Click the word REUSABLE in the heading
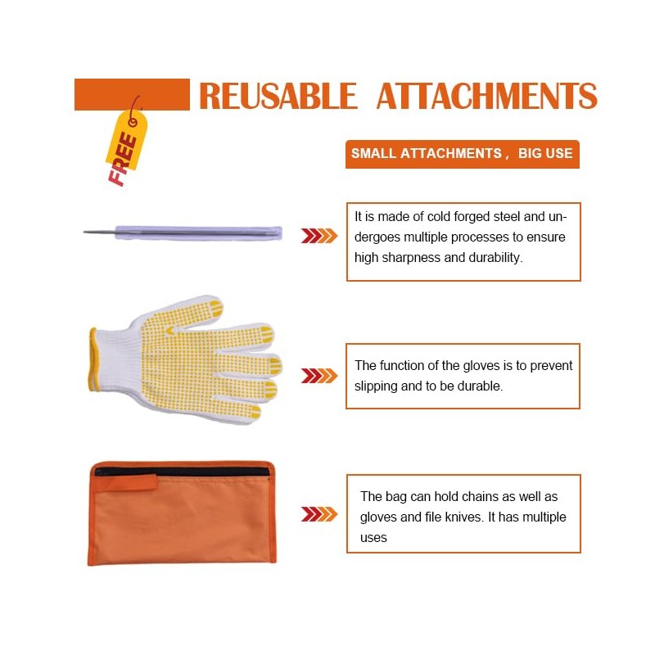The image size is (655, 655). coord(278,96)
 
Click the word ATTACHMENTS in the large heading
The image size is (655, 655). coord(487,96)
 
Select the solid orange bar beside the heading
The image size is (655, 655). coord(132,94)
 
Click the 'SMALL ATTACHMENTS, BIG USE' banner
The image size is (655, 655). coord(462,154)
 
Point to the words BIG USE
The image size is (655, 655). coord(545,153)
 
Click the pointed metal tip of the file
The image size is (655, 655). coord(85,232)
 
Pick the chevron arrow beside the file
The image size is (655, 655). coord(319,236)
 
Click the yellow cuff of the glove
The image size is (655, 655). coord(93,359)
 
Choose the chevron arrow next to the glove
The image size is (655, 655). coord(319,376)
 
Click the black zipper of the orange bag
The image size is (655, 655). coord(182,472)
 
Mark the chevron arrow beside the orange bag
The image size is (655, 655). coord(319,514)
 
